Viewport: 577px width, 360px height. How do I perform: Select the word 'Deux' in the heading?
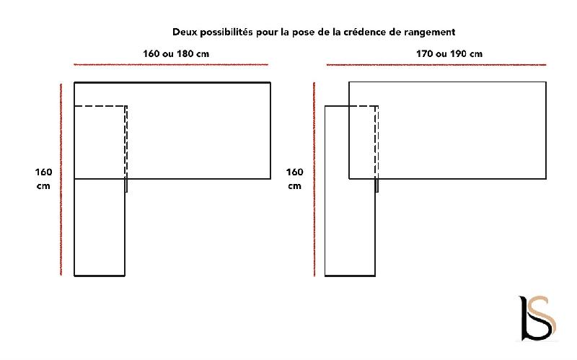[x=184, y=32]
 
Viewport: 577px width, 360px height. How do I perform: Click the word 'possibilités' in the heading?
[x=226, y=32]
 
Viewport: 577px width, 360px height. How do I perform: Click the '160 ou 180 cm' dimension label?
[x=177, y=53]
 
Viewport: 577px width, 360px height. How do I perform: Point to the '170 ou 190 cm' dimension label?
[x=449, y=53]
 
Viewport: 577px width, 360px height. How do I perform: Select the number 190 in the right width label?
[x=459, y=53]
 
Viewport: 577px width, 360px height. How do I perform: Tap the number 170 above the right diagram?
[x=426, y=53]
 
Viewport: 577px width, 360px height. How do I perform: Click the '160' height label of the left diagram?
[x=43, y=172]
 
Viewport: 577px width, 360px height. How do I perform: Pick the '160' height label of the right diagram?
[x=294, y=172]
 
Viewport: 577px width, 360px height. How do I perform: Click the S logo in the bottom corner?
[x=538, y=317]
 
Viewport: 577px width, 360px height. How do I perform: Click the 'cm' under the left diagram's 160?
[x=43, y=186]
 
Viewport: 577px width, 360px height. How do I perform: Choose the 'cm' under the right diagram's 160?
[x=294, y=186]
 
